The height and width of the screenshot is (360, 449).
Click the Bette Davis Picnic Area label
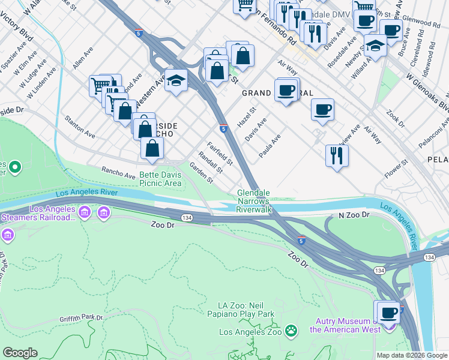160,179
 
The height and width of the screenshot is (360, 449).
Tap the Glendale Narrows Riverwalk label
255,202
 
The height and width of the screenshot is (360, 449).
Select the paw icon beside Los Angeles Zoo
291,331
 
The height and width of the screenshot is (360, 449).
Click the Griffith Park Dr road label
82,317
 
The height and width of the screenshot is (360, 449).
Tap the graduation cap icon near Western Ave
176,79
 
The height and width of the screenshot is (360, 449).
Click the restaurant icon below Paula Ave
337,155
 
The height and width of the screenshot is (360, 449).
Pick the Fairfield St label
220,154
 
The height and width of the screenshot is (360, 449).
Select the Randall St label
210,161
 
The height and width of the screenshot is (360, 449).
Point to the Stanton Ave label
80,127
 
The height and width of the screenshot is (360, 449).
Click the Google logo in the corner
20,353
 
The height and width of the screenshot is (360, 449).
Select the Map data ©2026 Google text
411,355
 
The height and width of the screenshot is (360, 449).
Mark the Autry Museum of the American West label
349,325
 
